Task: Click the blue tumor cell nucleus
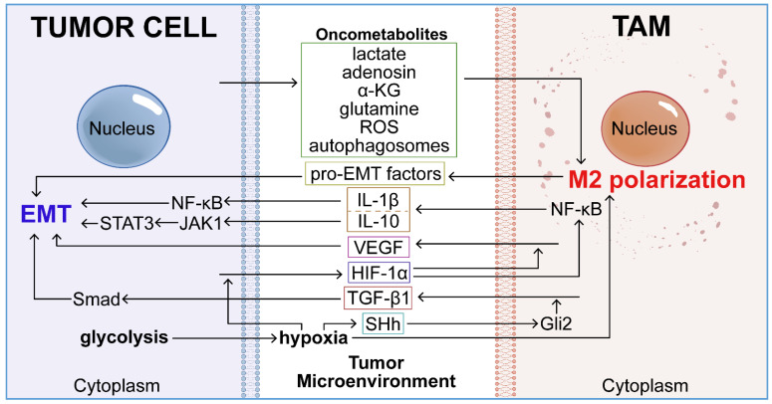pos(124,126)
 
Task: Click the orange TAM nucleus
pos(644,127)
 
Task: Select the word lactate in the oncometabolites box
pos(380,54)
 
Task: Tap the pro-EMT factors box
pos(376,174)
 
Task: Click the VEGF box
pos(379,247)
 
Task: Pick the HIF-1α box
pos(380,273)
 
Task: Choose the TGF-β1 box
pos(378,299)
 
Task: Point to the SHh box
pos(384,323)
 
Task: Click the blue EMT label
pos(46,214)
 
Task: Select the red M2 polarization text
pos(656,180)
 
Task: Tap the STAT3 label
pos(128,224)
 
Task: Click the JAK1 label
pos(200,224)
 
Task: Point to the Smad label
pos(97,299)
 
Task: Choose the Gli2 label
pos(556,323)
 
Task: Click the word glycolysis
pos(125,337)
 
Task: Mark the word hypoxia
pos(314,338)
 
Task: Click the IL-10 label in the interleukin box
pos(379,222)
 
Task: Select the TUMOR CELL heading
pos(124,27)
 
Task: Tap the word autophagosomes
pos(380,146)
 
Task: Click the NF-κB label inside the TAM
pos(576,210)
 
